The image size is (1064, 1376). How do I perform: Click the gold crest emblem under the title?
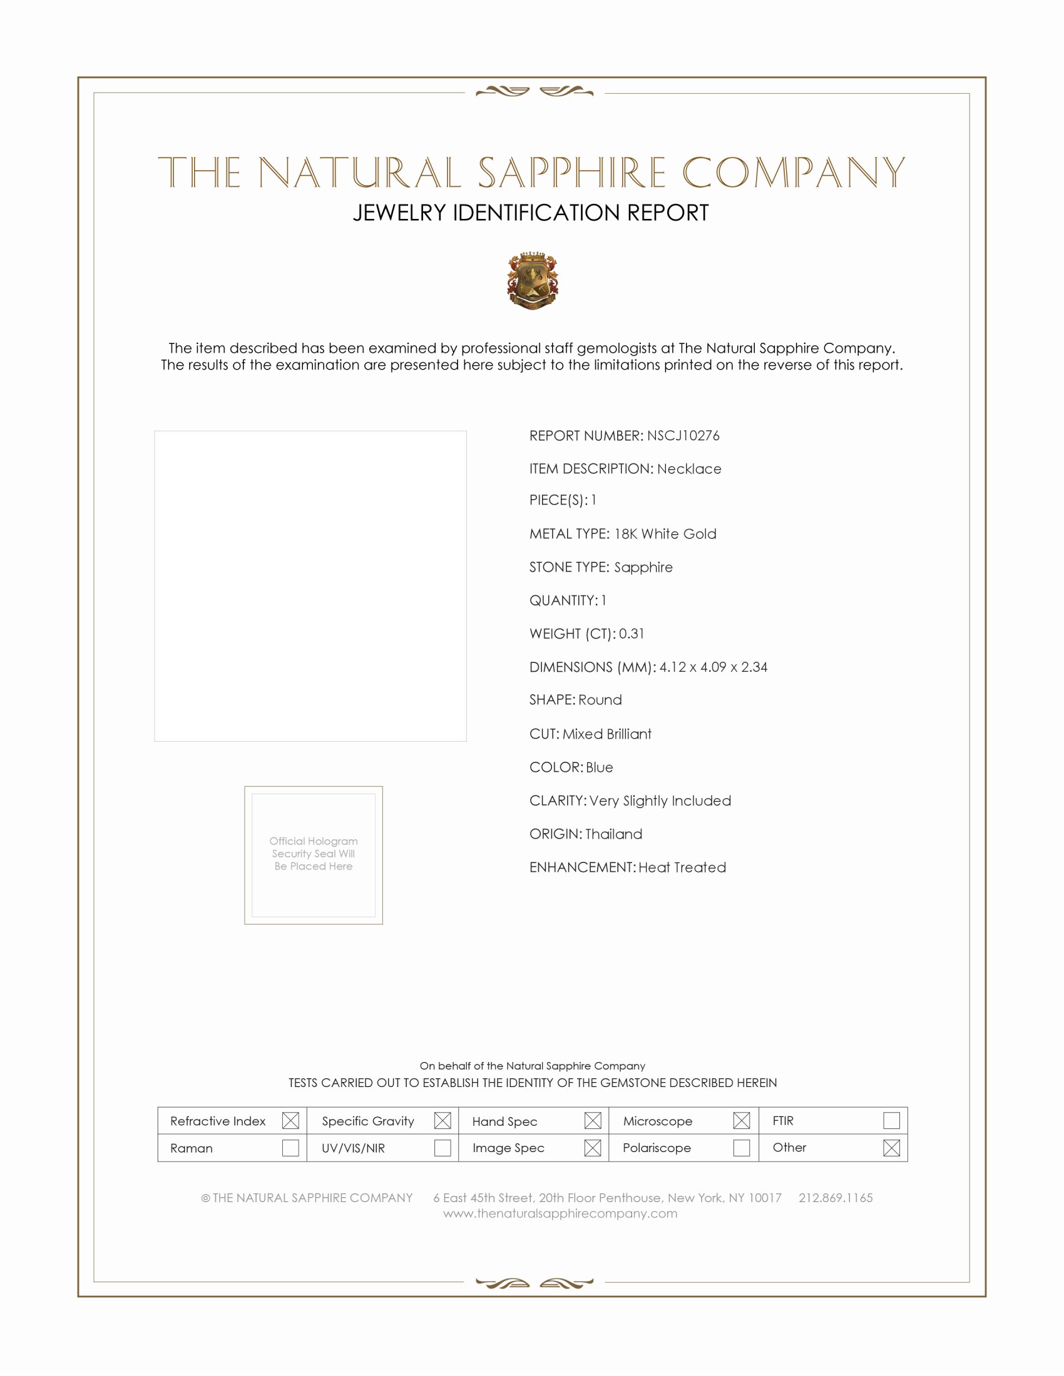[533, 281]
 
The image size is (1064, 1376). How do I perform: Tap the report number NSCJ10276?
[683, 436]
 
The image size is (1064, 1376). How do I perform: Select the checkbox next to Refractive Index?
[290, 1121]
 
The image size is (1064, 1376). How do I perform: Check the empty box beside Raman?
[290, 1148]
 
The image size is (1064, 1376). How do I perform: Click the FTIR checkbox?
[891, 1121]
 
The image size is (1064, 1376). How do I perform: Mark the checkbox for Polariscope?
[742, 1148]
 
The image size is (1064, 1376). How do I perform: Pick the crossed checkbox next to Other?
[891, 1148]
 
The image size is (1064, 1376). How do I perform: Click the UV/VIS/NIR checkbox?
[442, 1148]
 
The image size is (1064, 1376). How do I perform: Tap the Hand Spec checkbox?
[593, 1121]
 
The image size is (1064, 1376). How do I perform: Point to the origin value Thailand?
[613, 834]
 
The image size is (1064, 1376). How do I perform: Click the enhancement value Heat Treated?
[682, 868]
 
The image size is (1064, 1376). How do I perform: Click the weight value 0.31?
[631, 634]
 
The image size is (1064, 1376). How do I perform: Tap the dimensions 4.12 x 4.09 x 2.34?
[713, 667]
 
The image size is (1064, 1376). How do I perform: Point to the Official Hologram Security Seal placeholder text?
[314, 854]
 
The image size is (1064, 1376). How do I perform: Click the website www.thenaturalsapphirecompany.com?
[560, 1214]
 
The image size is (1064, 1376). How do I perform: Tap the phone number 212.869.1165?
[835, 1198]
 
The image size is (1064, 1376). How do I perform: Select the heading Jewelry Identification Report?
[531, 213]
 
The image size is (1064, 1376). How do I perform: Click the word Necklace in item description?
[689, 468]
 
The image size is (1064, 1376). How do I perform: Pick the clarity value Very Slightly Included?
[660, 801]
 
